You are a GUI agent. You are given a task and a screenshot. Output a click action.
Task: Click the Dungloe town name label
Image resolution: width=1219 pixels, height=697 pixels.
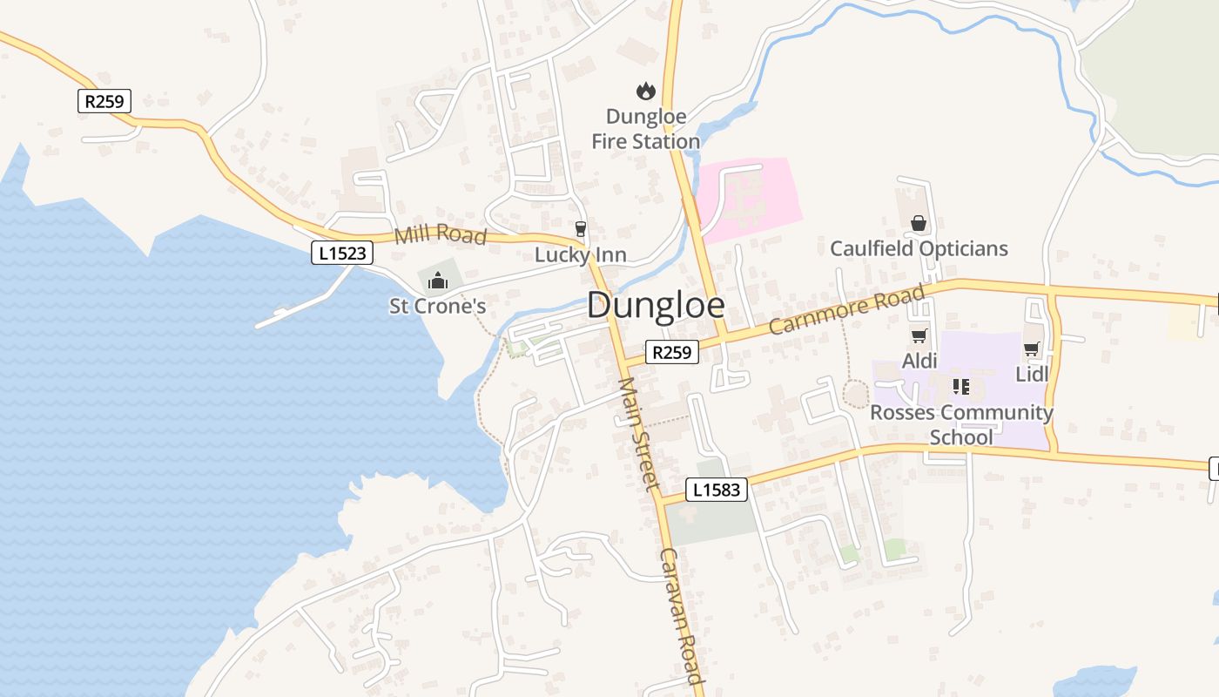656,305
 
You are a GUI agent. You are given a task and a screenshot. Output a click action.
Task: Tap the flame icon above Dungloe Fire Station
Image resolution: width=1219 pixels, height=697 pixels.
645,90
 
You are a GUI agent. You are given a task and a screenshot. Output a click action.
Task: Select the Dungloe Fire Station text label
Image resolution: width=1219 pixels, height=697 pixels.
645,129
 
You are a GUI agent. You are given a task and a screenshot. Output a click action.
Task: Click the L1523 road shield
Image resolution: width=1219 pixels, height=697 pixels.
343,254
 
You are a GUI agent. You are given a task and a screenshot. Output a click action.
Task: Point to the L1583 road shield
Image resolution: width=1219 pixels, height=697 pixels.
717,490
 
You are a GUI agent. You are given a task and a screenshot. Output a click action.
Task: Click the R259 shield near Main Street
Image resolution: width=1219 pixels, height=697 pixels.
672,352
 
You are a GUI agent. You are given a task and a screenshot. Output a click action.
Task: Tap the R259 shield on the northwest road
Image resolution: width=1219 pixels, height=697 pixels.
104,101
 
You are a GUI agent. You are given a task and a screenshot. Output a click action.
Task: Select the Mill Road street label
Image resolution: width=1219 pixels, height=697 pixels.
440,234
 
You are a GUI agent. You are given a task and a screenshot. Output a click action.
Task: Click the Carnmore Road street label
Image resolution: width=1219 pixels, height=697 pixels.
846,309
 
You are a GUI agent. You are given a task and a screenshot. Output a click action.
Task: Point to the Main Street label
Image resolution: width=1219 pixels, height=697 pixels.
639,434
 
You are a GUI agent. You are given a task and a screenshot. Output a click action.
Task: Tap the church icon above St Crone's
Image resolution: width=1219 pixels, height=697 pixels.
437,281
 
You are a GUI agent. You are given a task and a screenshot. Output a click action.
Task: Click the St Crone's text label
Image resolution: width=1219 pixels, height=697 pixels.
437,306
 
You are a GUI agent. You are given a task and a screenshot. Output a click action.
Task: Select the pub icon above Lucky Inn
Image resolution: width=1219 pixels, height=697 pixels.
581,228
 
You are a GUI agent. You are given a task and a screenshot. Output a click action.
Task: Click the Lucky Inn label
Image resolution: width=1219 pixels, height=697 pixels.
581,255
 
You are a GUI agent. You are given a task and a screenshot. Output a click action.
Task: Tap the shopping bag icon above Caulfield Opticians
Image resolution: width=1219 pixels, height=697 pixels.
919,224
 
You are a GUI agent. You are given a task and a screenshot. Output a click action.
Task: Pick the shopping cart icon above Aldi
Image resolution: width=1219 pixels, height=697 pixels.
919,336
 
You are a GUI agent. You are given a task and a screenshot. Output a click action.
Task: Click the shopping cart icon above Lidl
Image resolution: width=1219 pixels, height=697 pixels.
1032,349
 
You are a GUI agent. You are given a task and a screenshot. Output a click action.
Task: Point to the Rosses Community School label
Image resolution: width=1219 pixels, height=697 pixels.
961,424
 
